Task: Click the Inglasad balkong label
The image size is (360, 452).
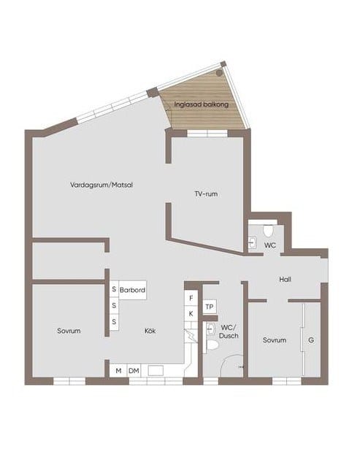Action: tap(202, 104)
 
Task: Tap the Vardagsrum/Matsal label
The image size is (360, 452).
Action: tap(102, 185)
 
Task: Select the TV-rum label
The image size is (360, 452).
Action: tap(206, 194)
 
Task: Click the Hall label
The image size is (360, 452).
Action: tap(285, 279)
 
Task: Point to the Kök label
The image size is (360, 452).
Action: tap(150, 331)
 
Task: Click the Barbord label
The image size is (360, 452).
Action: tap(132, 290)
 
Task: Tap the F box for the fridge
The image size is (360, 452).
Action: tap(191, 299)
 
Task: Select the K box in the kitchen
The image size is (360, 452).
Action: tap(191, 313)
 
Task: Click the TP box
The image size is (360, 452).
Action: tap(210, 307)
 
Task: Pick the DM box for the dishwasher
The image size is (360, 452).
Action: tap(134, 371)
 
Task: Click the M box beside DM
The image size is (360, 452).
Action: tap(118, 371)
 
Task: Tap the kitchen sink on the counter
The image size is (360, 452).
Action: tap(156, 370)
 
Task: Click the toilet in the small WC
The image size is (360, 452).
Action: tap(268, 230)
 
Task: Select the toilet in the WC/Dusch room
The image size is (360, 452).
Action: tap(212, 345)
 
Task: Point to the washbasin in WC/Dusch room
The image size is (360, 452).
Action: tap(210, 329)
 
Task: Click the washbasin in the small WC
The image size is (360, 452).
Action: tap(253, 242)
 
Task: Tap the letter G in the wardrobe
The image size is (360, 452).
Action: tap(311, 340)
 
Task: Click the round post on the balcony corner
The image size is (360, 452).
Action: tap(219, 73)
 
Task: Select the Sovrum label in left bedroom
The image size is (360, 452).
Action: tap(69, 331)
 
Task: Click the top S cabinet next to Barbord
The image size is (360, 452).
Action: tap(114, 289)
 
